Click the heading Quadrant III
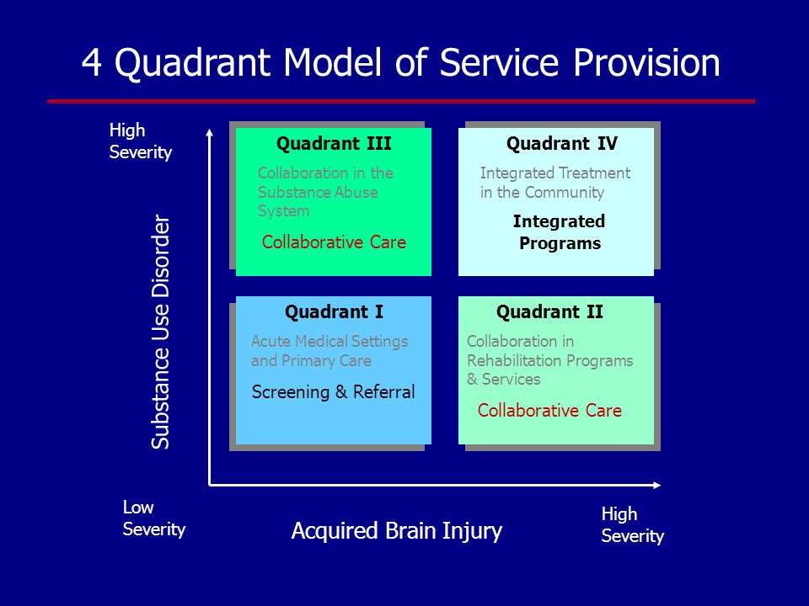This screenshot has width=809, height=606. [x=334, y=143]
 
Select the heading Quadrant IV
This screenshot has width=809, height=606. [x=561, y=143]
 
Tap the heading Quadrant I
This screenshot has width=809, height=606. [x=334, y=311]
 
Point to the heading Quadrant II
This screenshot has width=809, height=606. [x=549, y=311]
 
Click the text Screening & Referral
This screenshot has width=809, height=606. [x=334, y=392]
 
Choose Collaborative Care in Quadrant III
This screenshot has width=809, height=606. [x=334, y=242]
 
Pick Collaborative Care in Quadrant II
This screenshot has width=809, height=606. [x=549, y=410]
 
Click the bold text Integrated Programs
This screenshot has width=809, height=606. [x=560, y=232]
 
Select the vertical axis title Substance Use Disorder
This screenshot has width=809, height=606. [x=160, y=332]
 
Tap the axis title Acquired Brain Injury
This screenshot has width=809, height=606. [x=397, y=531]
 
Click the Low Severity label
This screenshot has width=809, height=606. [x=153, y=518]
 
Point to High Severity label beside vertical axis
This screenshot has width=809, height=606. [x=141, y=141]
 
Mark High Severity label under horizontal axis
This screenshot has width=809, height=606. [x=633, y=524]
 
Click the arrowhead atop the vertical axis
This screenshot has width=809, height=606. [x=210, y=132]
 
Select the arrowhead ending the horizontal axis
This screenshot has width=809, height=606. [x=656, y=485]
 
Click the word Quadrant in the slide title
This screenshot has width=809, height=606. [x=192, y=63]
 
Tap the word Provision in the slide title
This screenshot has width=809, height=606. [x=646, y=62]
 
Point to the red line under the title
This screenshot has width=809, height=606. [x=401, y=102]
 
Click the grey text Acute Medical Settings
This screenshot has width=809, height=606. [x=329, y=341]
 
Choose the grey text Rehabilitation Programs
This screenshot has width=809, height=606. [x=550, y=360]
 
